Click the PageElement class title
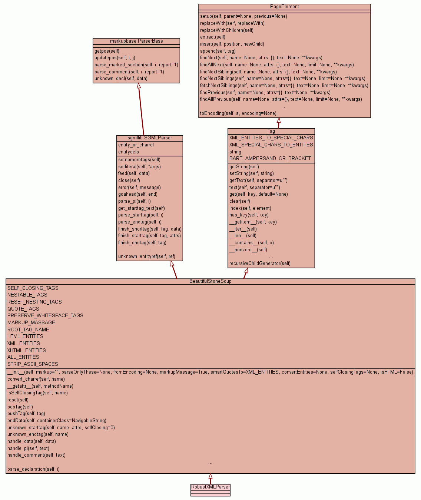[284, 7]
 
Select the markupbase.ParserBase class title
[136, 41]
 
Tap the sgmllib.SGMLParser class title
[150, 138]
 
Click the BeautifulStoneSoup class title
[210, 281]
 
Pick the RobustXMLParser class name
[210, 487]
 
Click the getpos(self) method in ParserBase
[107, 51]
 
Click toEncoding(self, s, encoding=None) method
[238, 113]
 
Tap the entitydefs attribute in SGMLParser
[129, 152]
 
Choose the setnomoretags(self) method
[139, 160]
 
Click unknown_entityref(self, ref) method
[147, 256]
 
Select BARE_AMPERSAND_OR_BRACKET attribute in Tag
[270, 159]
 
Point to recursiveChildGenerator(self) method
[260, 264]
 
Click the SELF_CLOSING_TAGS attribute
[33, 288]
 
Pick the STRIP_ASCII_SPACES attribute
[33, 364]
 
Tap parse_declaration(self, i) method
[33, 469]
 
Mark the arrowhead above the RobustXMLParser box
[210, 476]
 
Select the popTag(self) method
[20, 407]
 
